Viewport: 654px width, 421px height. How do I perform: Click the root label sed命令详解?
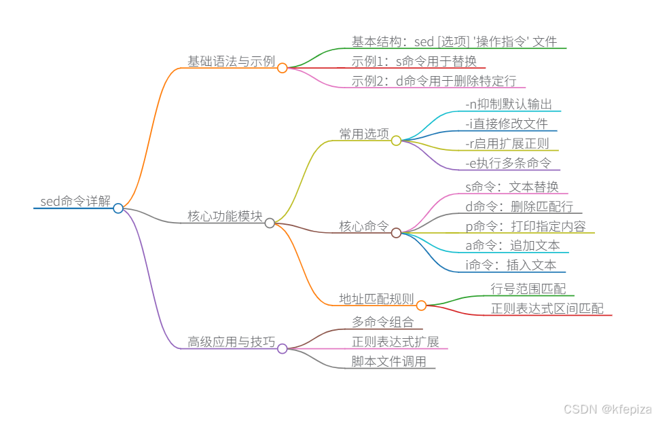75,201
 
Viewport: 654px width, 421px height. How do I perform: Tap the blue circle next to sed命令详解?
118,208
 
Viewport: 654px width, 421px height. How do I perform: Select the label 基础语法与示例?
231,62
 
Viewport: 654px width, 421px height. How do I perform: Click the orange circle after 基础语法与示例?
283,68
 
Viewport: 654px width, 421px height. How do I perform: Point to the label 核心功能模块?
225,217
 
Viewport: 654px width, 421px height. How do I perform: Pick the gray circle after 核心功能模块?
270,223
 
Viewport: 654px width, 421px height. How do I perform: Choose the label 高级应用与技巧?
231,342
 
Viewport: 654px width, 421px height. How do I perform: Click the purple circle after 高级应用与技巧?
283,348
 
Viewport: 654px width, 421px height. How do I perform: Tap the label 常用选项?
364,134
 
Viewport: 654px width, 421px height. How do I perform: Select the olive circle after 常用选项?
396,141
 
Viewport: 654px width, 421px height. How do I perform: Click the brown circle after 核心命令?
396,233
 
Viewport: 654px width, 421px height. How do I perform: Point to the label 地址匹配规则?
376,299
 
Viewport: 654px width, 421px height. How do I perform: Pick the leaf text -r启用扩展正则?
507,143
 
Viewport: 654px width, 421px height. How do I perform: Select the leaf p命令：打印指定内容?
526,226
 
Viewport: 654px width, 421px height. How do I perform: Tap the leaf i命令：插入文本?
511,265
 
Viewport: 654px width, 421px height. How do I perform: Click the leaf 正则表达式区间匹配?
547,308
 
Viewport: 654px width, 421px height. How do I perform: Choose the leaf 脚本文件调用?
388,361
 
